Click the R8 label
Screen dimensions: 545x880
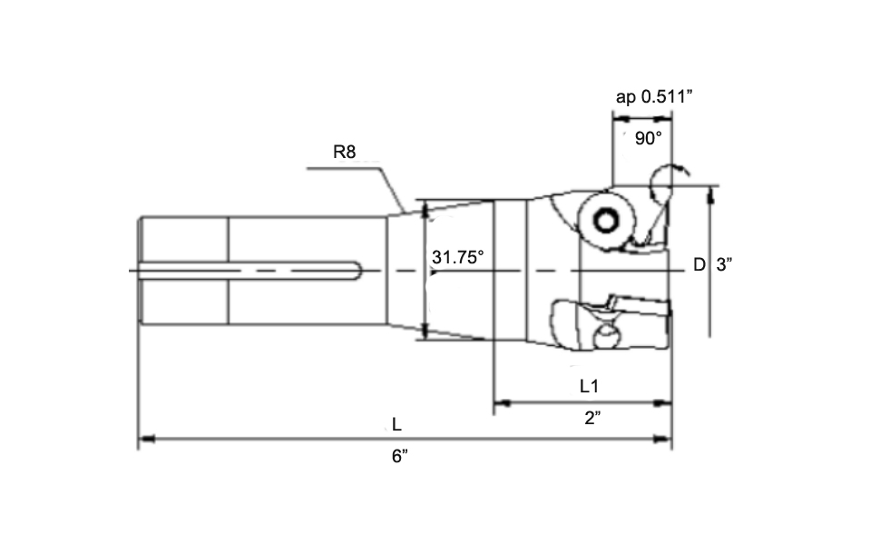click(344, 152)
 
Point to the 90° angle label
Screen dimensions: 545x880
click(648, 138)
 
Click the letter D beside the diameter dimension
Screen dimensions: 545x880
click(699, 264)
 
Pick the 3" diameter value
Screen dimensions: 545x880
click(725, 264)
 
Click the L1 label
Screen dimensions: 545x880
click(590, 385)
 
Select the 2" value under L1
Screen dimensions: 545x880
click(592, 419)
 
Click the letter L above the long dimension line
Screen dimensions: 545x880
click(396, 423)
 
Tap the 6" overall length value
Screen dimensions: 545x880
click(400, 457)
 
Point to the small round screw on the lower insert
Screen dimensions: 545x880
click(605, 339)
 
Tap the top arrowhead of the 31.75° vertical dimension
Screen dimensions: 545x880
click(424, 209)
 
